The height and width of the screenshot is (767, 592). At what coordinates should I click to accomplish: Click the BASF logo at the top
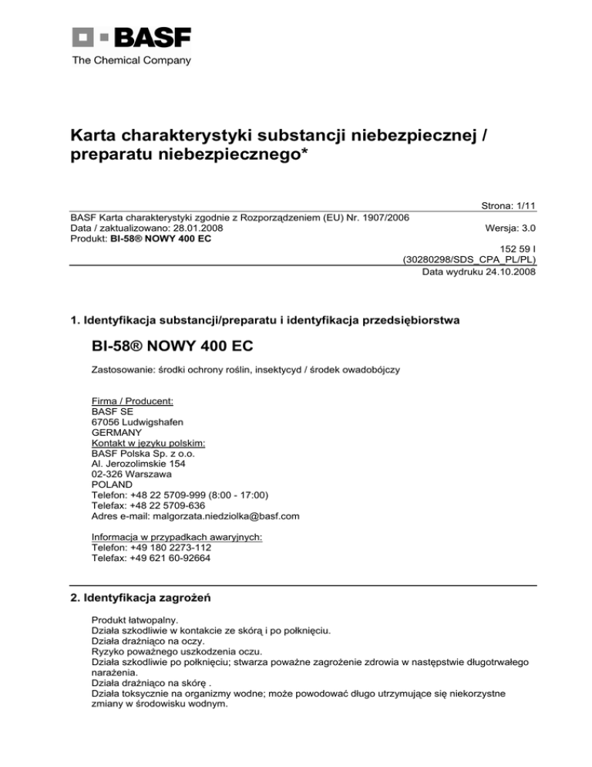[x=131, y=37]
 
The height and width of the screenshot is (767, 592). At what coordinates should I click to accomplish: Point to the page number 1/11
[x=524, y=205]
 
